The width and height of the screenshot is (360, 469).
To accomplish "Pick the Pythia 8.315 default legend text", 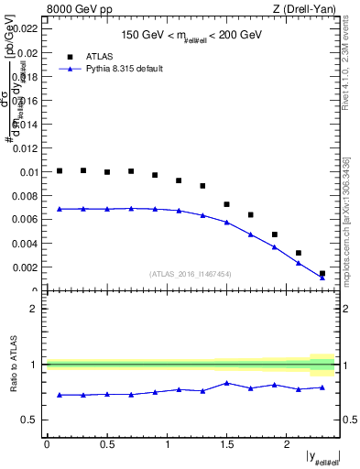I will (125, 69).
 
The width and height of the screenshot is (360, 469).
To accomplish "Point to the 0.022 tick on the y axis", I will (27, 29).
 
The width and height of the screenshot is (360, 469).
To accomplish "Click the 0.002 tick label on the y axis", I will (27, 267).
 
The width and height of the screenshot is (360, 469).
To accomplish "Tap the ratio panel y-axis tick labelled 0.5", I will (30, 420).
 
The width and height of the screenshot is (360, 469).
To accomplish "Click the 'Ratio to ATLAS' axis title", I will (12, 365).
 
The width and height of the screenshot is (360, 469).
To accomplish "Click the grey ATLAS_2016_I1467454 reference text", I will (191, 273).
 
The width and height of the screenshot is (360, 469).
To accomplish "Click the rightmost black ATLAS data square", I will (322, 273).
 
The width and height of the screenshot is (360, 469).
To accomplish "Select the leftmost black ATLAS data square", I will (60, 170).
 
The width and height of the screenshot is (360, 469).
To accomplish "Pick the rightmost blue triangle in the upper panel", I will (322, 277).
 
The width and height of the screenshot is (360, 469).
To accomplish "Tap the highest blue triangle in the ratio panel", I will (227, 383).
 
